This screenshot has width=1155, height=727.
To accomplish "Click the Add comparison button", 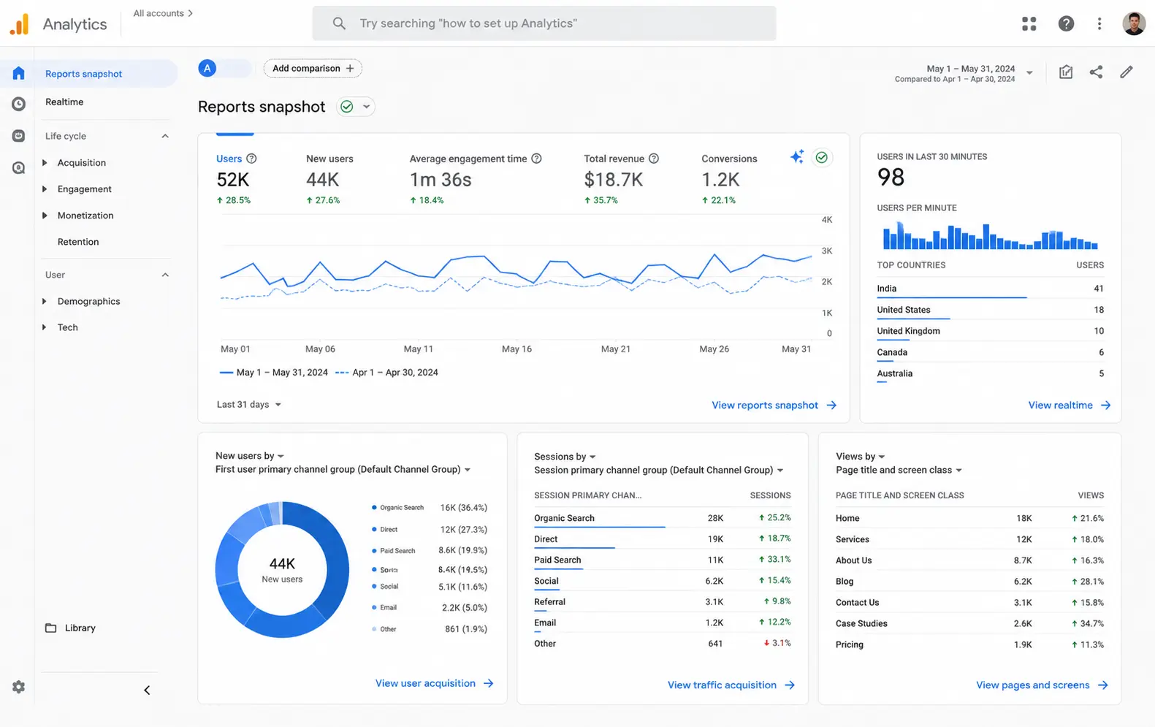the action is click(313, 68).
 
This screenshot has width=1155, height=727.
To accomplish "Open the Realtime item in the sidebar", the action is click(64, 102).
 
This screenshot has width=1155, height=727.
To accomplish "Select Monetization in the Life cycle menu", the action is click(85, 215).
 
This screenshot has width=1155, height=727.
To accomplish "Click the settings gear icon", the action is click(18, 687).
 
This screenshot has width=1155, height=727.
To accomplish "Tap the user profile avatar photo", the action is click(1133, 23).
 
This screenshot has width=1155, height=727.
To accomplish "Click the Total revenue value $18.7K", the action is click(613, 180).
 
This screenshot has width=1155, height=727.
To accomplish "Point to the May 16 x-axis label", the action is click(516, 349).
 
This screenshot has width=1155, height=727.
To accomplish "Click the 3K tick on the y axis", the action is click(826, 251).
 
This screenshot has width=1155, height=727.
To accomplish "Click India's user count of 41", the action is click(1098, 288).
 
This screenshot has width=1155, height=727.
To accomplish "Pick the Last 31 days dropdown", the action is click(248, 404).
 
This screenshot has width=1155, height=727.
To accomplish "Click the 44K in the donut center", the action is click(282, 563).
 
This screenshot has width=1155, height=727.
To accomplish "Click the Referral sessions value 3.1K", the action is click(714, 602).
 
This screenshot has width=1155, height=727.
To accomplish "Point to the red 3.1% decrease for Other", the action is click(777, 643).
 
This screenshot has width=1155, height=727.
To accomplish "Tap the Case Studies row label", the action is click(861, 623).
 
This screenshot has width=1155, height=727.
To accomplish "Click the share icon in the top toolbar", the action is click(1096, 72).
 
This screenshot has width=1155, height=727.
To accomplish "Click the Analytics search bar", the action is click(544, 23).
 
